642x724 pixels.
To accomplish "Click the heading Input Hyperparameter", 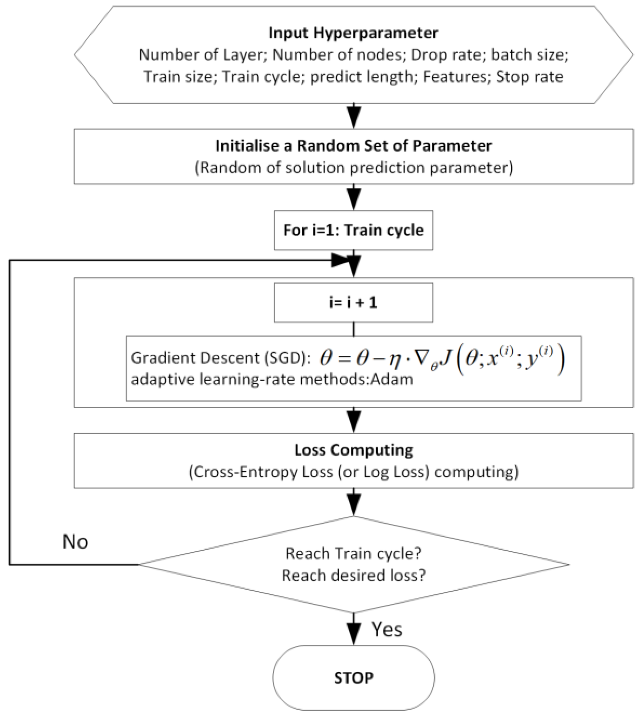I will [353, 33].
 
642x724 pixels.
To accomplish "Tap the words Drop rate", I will [446, 55].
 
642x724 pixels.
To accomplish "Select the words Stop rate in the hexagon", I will [529, 77].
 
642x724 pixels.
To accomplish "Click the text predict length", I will [361, 77].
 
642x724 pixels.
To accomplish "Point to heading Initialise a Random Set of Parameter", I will [353, 146].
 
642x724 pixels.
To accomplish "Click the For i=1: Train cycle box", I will [353, 230].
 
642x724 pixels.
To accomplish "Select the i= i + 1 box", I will [353, 303].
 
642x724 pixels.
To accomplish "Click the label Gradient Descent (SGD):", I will [221, 358].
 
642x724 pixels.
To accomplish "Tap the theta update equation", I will [442, 360].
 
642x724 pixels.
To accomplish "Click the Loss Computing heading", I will [353, 450].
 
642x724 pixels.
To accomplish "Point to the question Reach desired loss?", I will [353, 576].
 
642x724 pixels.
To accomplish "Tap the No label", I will [75, 542].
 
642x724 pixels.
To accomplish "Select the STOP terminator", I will [353, 678].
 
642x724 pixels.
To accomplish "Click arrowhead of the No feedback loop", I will [340, 260].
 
